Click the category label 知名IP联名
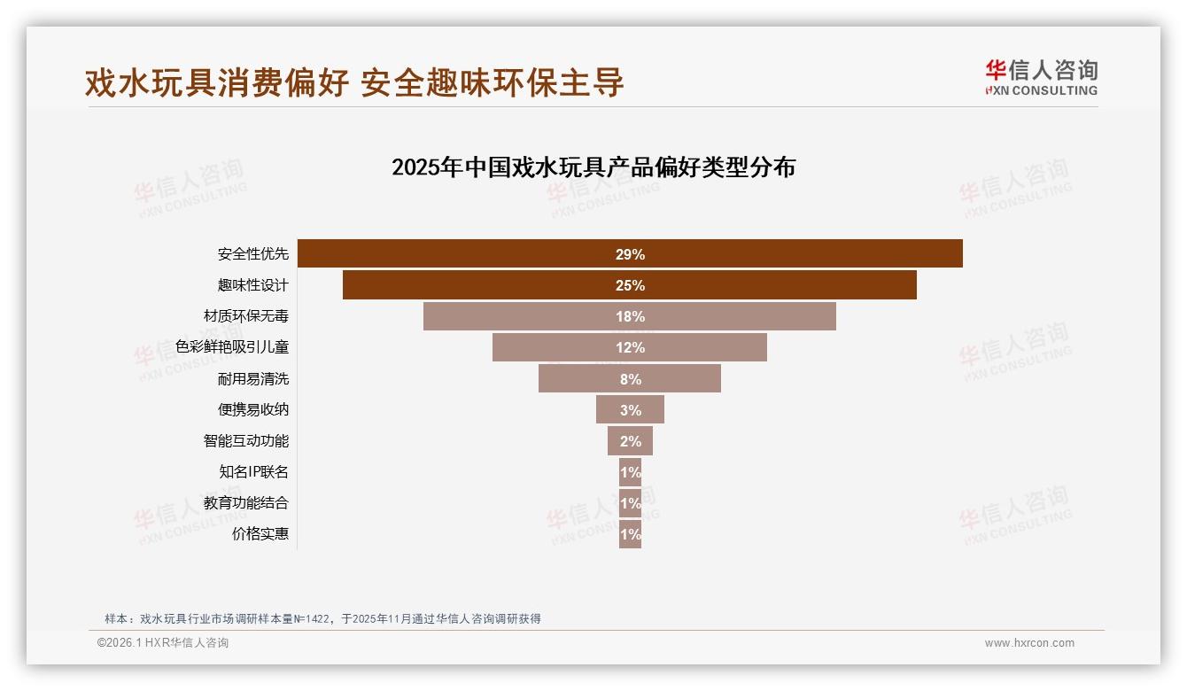pyautogui.click(x=253, y=472)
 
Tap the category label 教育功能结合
pyautogui.click(x=245, y=503)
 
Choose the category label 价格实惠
pyautogui.click(x=260, y=534)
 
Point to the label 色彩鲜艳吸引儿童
pyautogui.click(x=231, y=347)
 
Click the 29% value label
pyautogui.click(x=630, y=254)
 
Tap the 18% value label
pyautogui.click(x=630, y=316)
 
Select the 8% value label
pyautogui.click(x=630, y=379)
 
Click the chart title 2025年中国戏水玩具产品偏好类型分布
pyautogui.click(x=593, y=167)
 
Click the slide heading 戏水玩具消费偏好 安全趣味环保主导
pyautogui.click(x=354, y=82)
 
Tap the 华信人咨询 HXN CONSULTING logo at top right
pyautogui.click(x=1041, y=78)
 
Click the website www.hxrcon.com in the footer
pyautogui.click(x=1028, y=643)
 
